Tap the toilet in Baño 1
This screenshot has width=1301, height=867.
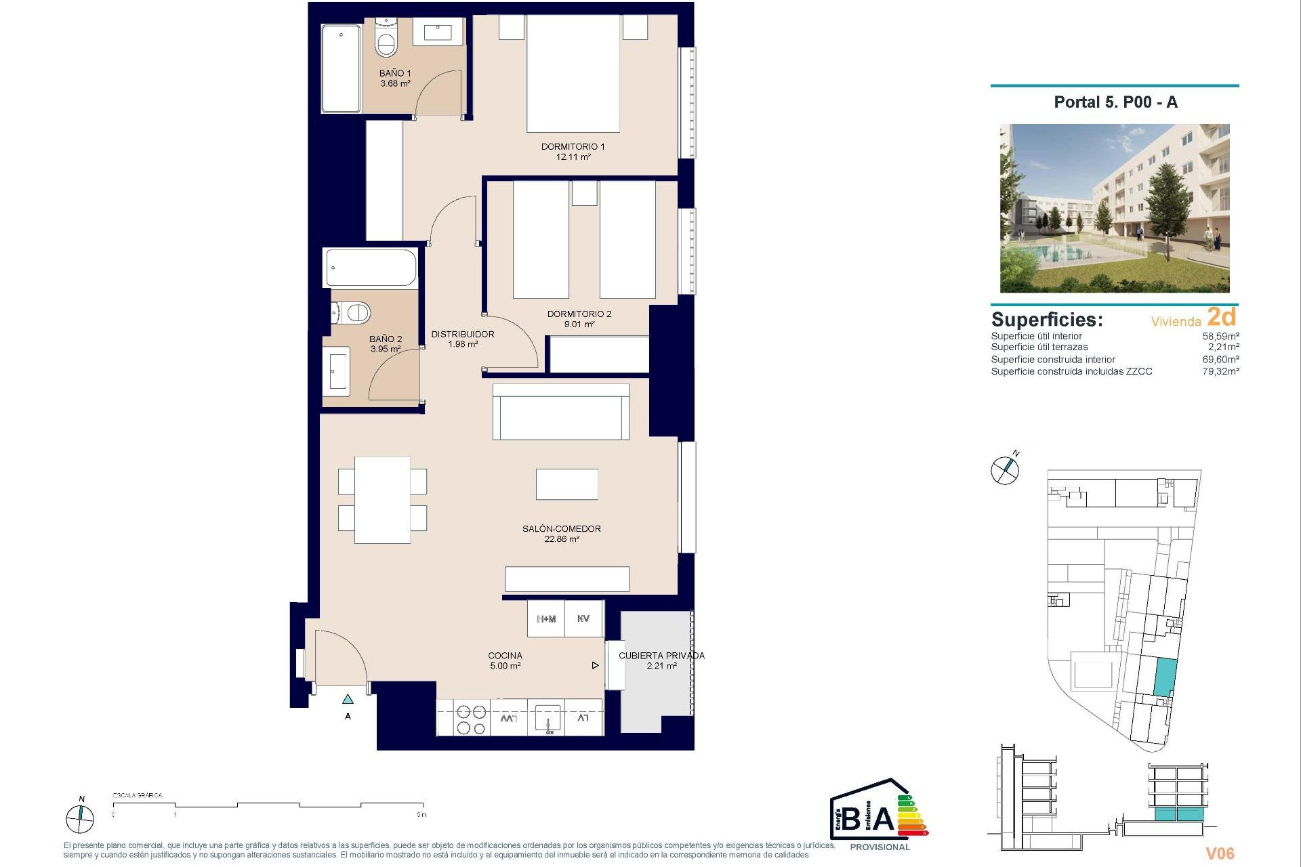[x=386, y=42]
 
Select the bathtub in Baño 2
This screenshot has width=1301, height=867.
[x=371, y=268]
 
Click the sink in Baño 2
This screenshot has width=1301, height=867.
[x=336, y=371]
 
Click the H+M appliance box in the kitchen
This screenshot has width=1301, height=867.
[x=546, y=619]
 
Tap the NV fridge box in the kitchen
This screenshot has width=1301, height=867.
[x=583, y=619]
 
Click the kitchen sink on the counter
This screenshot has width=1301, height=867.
[x=548, y=718]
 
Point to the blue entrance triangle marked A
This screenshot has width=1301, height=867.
[x=348, y=699]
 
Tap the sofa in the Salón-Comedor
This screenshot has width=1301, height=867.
[x=560, y=413]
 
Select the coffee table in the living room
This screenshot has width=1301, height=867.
[x=566, y=484]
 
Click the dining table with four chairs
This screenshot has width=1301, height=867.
[x=382, y=500]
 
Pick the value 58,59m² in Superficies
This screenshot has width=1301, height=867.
[x=1220, y=336]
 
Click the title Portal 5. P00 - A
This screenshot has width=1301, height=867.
[x=1115, y=102]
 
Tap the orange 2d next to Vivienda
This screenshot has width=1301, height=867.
[x=1221, y=317]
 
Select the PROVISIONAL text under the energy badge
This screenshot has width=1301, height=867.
[x=880, y=847]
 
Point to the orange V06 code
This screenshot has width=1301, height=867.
[x=1220, y=853]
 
